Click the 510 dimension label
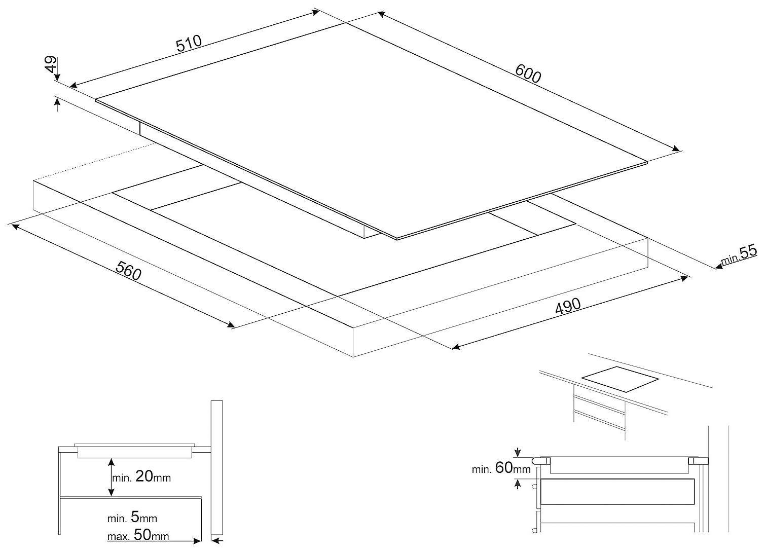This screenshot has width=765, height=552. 189,44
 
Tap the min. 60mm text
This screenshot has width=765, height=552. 501,468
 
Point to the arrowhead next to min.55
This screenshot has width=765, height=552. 718,265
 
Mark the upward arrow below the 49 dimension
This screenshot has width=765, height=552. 57,104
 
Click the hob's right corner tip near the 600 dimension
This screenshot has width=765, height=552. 647,162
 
